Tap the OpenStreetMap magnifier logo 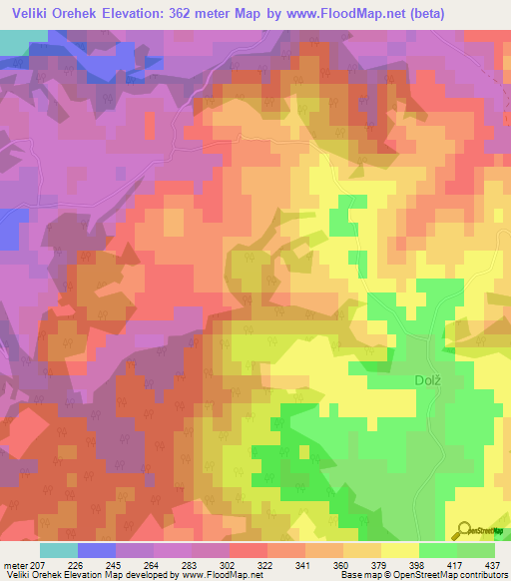[x=462, y=529]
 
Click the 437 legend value [x=493, y=564]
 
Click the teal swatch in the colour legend [x=59, y=550]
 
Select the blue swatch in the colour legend [x=97, y=550]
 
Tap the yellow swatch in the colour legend [x=400, y=550]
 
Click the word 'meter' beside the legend [x=15, y=564]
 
